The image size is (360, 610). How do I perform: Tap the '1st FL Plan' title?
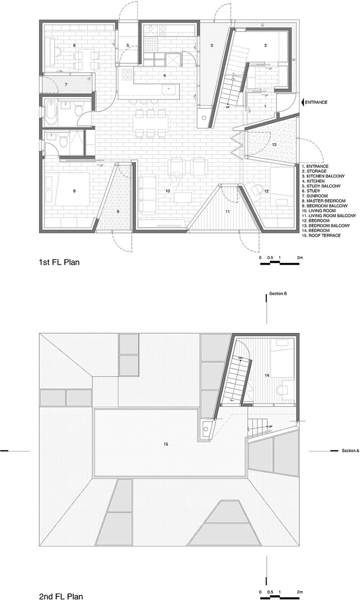click(x=59, y=262)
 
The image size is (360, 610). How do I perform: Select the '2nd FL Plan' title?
click(x=61, y=602)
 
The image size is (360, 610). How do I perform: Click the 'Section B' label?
click(x=278, y=294)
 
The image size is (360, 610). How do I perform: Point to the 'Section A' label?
click(x=351, y=451)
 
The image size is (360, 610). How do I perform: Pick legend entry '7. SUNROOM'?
click(x=315, y=196)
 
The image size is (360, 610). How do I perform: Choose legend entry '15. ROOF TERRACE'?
click(x=321, y=236)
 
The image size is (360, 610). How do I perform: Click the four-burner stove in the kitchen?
click(x=126, y=75)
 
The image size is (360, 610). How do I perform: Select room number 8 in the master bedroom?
click(x=74, y=191)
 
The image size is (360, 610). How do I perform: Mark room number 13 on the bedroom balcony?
click(x=274, y=144)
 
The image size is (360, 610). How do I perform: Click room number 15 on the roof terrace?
click(x=166, y=444)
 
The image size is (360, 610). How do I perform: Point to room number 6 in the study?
click(x=74, y=45)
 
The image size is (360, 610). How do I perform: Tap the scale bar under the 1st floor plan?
click(x=279, y=263)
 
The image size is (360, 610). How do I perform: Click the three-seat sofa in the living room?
click(x=148, y=195)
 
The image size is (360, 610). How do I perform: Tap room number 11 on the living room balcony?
click(x=228, y=211)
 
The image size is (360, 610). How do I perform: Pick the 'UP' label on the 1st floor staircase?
click(x=228, y=108)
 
